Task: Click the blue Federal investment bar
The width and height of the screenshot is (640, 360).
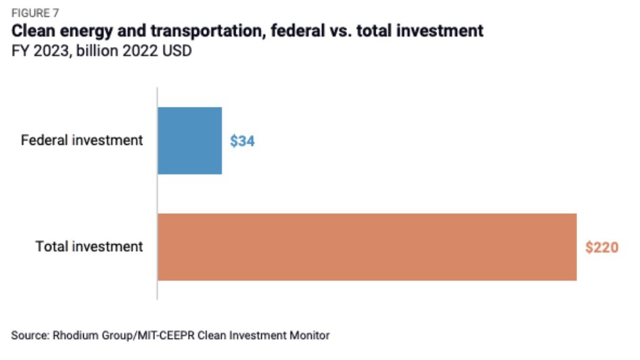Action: (x=189, y=141)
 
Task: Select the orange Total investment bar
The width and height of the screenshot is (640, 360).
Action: (x=367, y=246)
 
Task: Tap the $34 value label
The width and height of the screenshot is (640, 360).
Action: (x=242, y=141)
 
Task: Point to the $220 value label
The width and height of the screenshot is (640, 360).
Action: (x=601, y=247)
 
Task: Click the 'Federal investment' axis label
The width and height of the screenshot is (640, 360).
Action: (x=82, y=141)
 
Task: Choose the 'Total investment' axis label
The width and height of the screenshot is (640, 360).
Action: (x=89, y=246)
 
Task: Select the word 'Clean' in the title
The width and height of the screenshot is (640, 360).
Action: (x=34, y=30)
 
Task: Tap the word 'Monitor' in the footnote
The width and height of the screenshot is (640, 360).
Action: (x=311, y=335)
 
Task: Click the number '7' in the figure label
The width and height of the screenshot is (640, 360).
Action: (x=56, y=12)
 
